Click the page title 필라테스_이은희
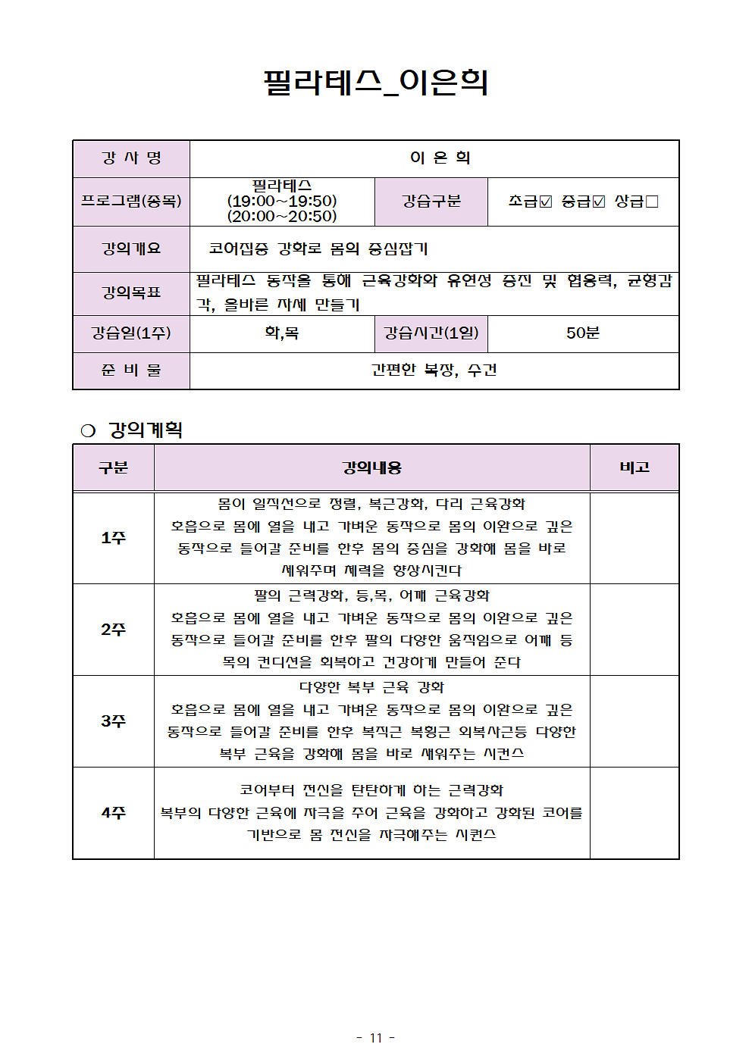(375, 82)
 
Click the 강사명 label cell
(131, 158)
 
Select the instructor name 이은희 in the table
(440, 158)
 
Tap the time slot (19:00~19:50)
(282, 201)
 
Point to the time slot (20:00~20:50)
(282, 216)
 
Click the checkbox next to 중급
(599, 202)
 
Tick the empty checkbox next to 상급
(652, 202)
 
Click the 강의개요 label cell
(131, 249)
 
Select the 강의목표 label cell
(131, 292)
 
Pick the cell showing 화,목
(282, 333)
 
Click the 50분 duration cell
(582, 333)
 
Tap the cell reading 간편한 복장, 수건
(434, 370)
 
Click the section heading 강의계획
(146, 430)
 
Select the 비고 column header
(634, 467)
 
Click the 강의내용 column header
(371, 467)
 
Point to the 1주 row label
(113, 538)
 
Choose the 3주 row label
(113, 721)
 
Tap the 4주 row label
(113, 813)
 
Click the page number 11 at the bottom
(376, 1038)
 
